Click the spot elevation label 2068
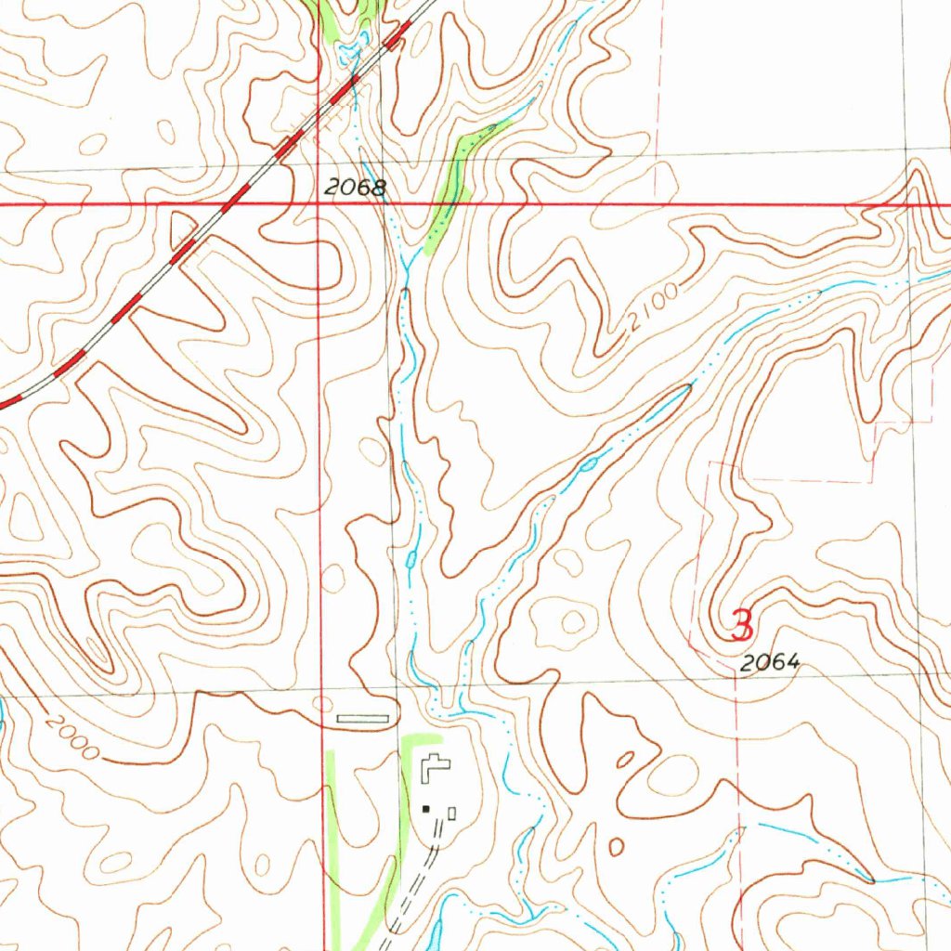[355, 188]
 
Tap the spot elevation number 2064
[770, 663]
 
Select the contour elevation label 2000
[70, 737]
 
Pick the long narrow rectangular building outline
[361, 718]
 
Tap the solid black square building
[427, 809]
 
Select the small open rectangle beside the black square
[451, 814]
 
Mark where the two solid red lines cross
[319, 203]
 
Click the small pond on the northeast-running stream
[588, 462]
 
